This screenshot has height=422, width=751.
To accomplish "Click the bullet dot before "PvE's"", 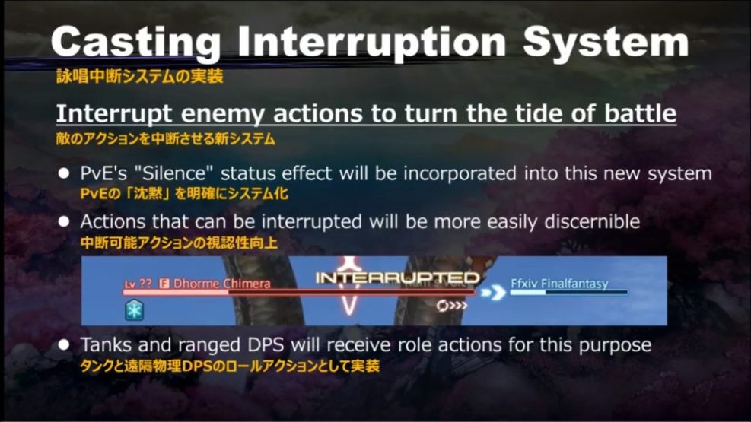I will tap(65, 174).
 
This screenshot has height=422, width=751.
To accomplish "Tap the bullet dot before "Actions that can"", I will tap(65, 222).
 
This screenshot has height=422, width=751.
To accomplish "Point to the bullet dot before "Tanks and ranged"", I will tap(65, 346).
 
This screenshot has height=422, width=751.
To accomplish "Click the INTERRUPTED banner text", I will tap(397, 278).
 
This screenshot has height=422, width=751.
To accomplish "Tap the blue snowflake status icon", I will tap(134, 309).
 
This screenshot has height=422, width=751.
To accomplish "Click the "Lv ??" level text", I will tap(138, 283).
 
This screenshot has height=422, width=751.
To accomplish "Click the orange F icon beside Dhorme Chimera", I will tap(164, 283).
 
